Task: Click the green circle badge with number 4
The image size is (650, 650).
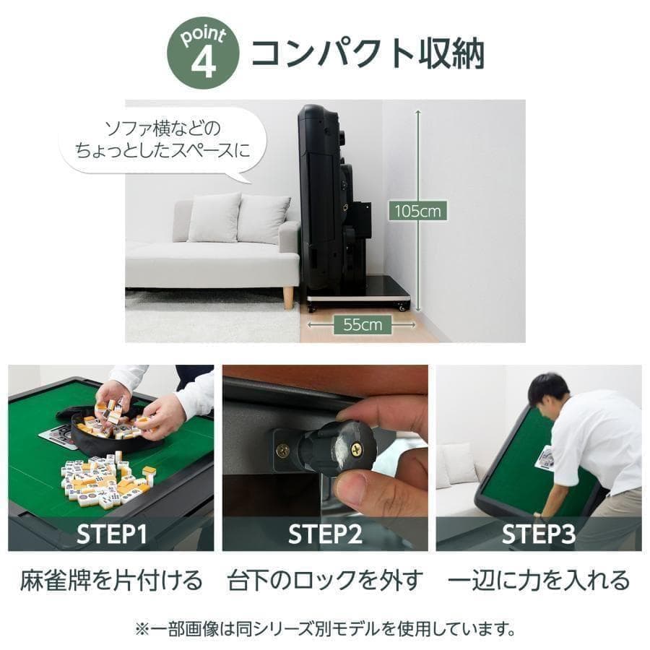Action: coord(202,55)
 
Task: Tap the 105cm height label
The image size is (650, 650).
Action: coord(417,212)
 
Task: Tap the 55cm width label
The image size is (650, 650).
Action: coord(362,325)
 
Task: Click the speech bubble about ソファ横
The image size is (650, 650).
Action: coord(162,141)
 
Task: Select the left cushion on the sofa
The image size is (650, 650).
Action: coord(214,217)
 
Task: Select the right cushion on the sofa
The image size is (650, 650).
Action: coord(263,219)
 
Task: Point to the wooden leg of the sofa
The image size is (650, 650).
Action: coord(288,297)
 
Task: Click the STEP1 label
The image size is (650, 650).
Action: coord(112,534)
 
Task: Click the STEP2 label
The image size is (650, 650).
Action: coord(324,534)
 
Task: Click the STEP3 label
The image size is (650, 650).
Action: coord(539,534)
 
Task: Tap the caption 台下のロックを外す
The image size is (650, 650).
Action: coord(324,580)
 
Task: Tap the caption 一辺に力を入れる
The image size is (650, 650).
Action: coord(539,580)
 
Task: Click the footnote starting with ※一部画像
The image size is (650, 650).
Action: coord(325,628)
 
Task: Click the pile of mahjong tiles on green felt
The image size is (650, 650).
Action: coord(108,477)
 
